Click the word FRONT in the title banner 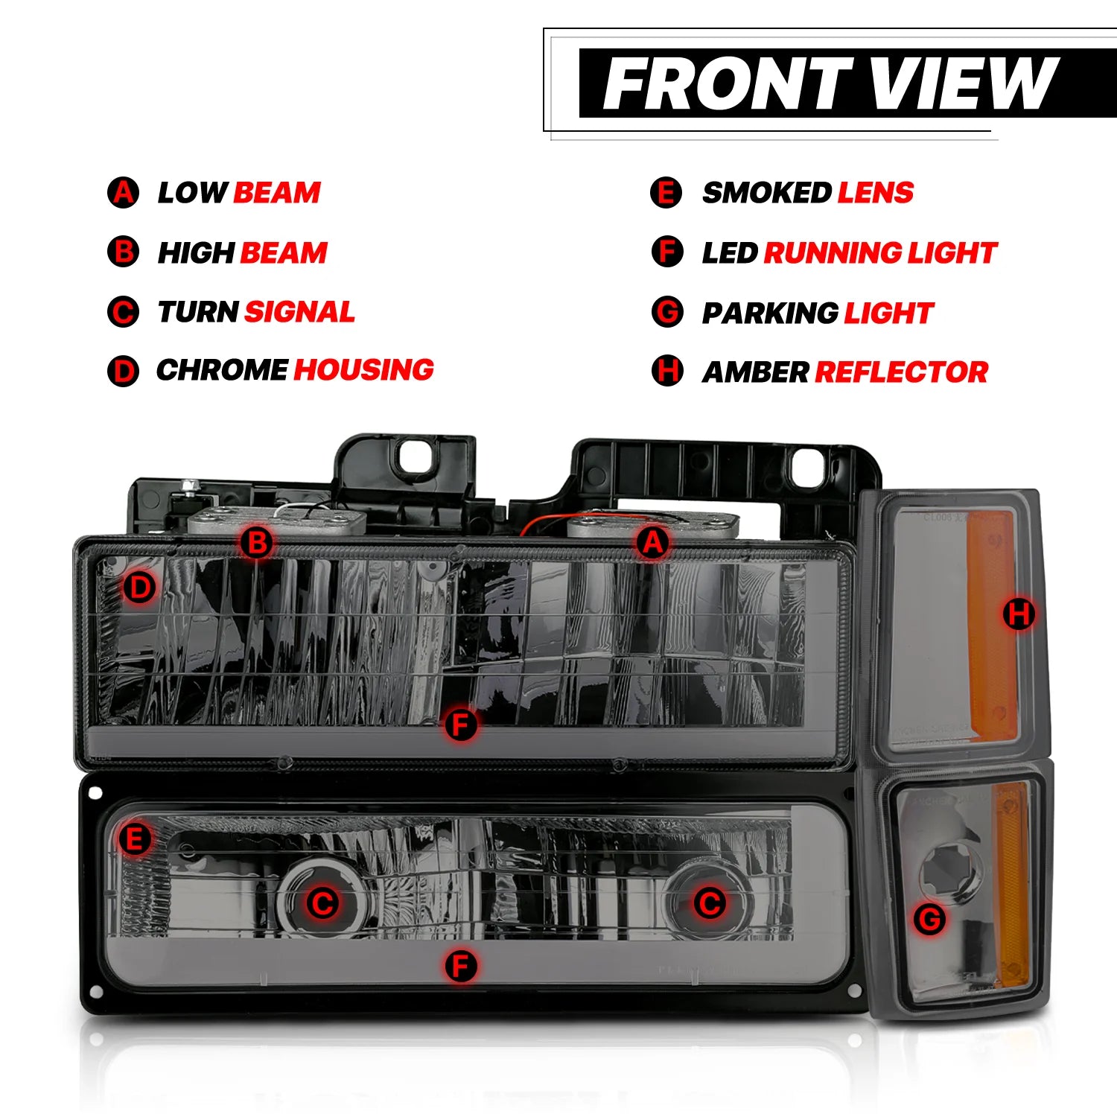pos(728,83)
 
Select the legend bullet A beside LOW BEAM pos(123,192)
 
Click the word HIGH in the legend pos(196,253)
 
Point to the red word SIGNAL pos(299,312)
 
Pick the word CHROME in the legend pos(222,370)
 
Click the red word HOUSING pos(364,370)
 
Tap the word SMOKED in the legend pos(767,193)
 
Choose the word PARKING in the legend pos(771,313)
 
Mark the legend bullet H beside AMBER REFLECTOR pos(667,370)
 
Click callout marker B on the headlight pos(257,542)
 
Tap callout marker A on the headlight pos(652,543)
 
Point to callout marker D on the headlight pos(140,588)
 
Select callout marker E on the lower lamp pos(135,840)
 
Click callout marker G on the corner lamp pos(930,919)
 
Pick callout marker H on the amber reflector pos(1019,614)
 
